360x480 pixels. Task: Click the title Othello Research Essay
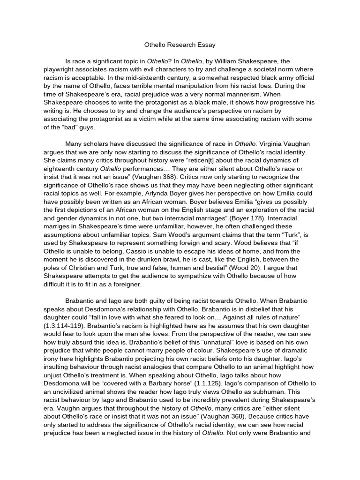(x=180, y=45)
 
